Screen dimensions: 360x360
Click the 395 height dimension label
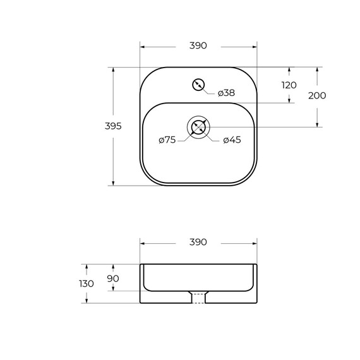113,126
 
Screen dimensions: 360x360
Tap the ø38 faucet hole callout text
226,93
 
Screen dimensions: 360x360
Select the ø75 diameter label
167,140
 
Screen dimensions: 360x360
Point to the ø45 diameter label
232,140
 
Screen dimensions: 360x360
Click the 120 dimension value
289,85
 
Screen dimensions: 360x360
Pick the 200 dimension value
317,96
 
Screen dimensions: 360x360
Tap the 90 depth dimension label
113,279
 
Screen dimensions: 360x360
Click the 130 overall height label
87,284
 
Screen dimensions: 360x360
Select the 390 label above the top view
198,45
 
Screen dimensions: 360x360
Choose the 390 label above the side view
198,242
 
